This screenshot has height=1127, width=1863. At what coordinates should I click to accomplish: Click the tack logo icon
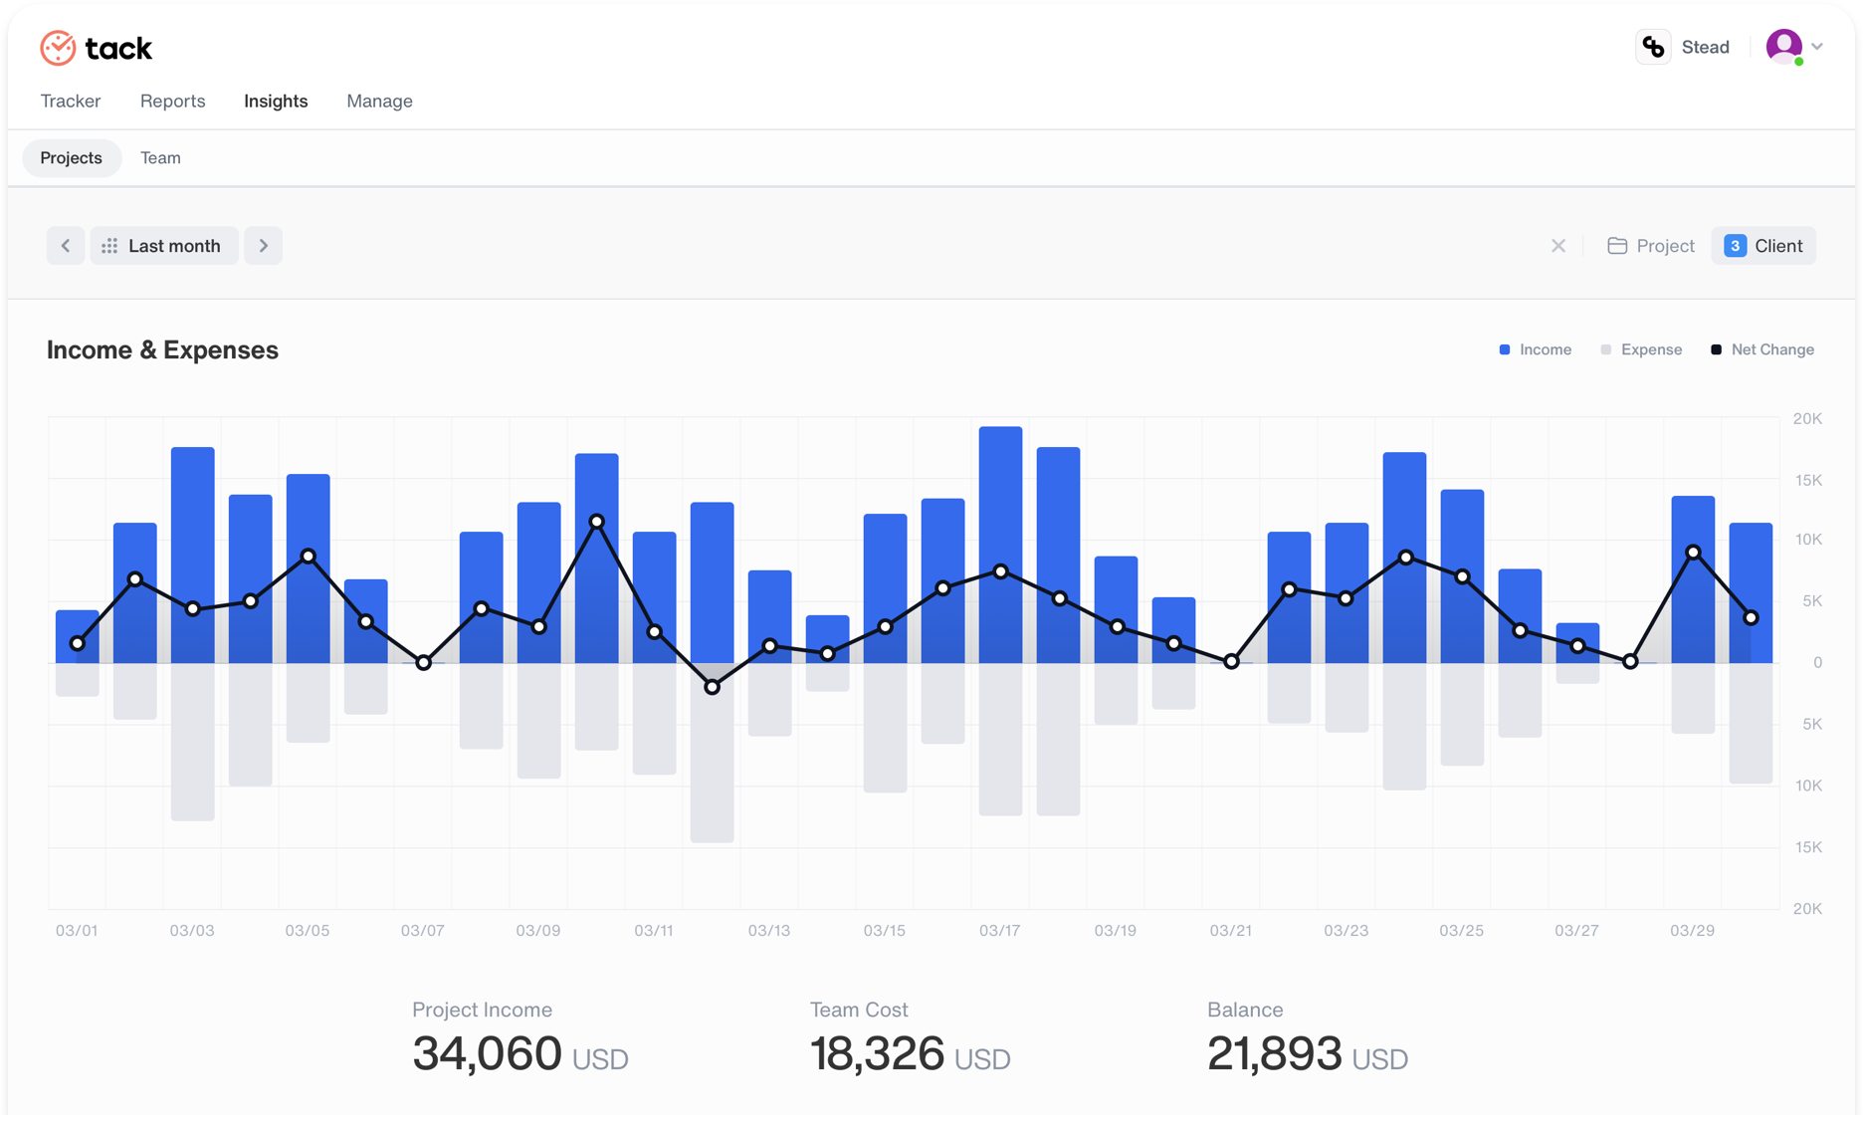click(58, 48)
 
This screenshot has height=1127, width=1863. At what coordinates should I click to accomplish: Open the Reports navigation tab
click(172, 101)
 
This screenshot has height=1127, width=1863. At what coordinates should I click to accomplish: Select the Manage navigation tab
click(379, 101)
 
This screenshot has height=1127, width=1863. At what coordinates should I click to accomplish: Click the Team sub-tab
click(160, 157)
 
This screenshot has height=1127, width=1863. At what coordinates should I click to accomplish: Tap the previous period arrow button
click(66, 246)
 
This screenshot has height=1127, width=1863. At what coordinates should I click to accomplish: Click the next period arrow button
click(264, 246)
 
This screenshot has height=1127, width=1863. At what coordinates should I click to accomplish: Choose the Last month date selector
click(164, 246)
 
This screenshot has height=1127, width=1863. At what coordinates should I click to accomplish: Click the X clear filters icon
click(1558, 246)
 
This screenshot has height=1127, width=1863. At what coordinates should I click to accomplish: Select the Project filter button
click(1651, 246)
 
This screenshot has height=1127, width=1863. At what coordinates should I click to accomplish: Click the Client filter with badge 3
click(1763, 246)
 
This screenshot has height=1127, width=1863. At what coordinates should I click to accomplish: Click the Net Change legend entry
click(1762, 349)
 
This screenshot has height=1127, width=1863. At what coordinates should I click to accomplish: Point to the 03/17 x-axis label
click(999, 930)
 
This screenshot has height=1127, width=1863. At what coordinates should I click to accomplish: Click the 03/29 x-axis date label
click(1692, 930)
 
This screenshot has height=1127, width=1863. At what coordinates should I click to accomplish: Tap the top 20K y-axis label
click(1807, 418)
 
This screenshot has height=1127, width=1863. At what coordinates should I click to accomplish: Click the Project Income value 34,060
click(488, 1053)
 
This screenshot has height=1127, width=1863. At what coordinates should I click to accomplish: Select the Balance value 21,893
click(1275, 1053)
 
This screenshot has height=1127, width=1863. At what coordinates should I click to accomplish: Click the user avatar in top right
click(1783, 46)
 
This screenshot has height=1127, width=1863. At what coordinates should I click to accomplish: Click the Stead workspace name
click(1705, 47)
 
